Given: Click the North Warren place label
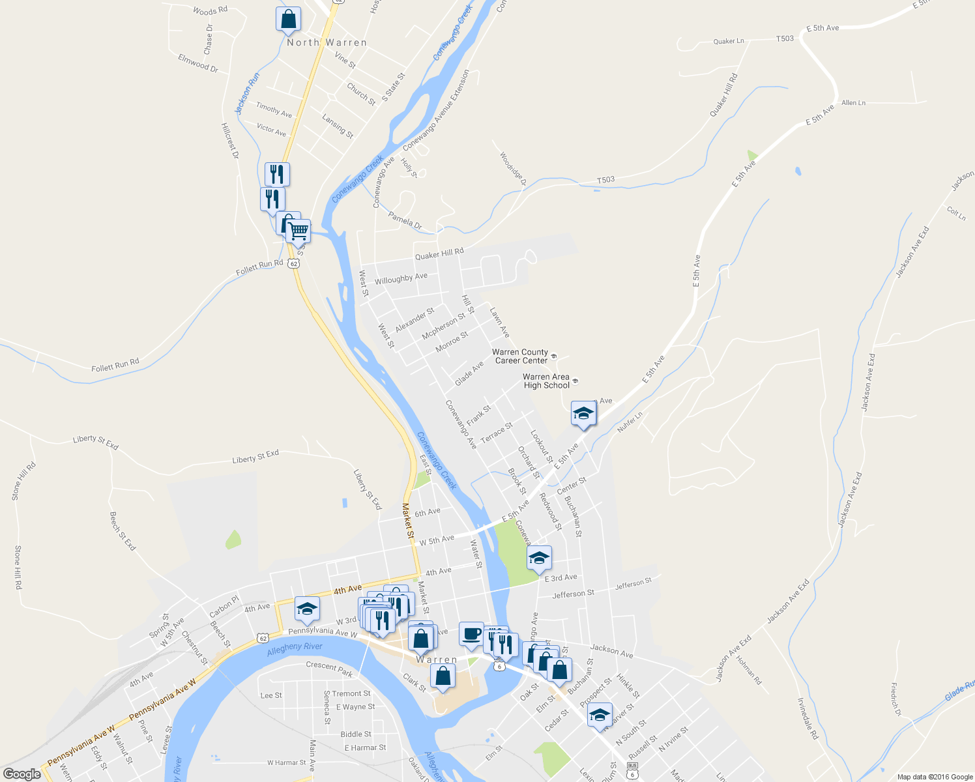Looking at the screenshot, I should tap(327, 42).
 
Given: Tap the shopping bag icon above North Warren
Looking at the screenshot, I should tap(288, 20).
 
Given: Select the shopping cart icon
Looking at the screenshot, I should tap(298, 231).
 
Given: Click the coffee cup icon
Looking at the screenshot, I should tap(471, 634).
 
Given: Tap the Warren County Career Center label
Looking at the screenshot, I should tap(521, 356).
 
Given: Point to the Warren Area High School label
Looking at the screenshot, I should tap(546, 381).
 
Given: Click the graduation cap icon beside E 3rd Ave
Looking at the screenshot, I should tap(539, 558).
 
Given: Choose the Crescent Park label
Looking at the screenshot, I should tap(329, 669).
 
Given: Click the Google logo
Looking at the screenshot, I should tap(22, 774).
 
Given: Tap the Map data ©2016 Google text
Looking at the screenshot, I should tap(934, 776).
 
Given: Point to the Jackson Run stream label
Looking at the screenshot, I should tap(248, 93).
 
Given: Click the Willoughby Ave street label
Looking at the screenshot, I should tap(401, 278).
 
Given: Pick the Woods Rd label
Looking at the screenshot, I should tap(210, 10).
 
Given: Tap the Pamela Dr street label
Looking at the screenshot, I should tap(405, 220).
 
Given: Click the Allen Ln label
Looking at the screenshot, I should tap(853, 103).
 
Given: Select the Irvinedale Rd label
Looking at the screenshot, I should tap(808, 718).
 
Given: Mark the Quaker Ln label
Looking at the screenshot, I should tap(729, 41).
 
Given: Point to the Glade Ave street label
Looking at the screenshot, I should tap(469, 373).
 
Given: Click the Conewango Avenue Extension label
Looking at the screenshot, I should tap(436, 110).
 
